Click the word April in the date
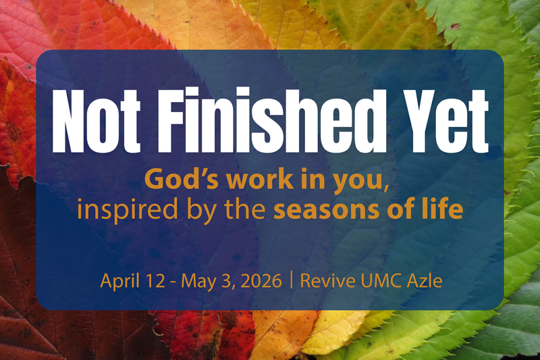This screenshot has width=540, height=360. coord(117,281)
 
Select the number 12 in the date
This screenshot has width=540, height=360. coord(149,280)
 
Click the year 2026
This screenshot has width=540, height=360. coord(259,280)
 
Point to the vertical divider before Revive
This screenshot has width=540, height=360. coord(291,280)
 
